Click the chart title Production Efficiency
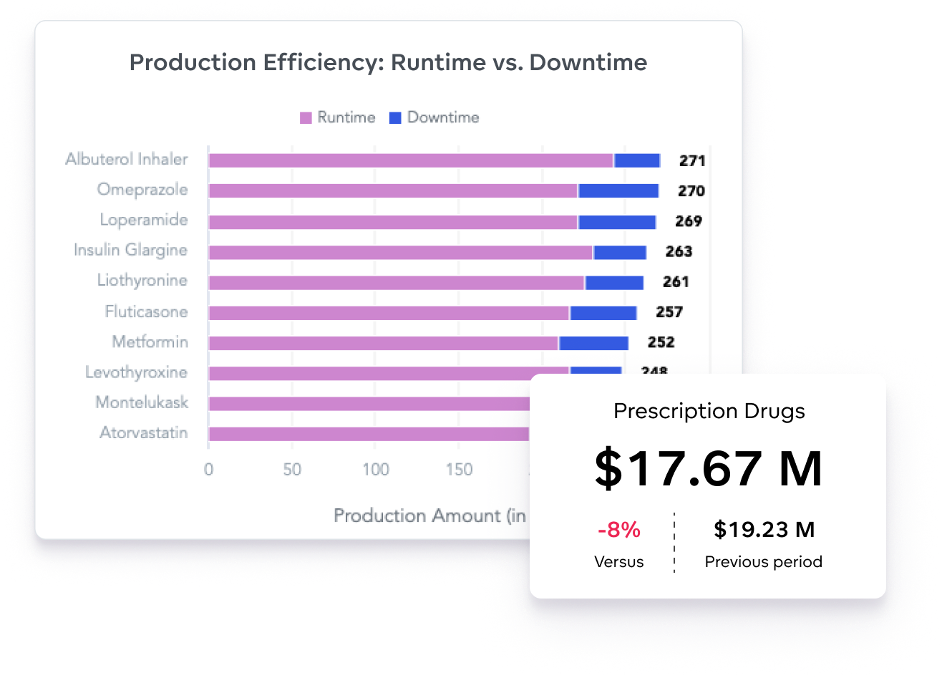point(388,63)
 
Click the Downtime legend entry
point(434,117)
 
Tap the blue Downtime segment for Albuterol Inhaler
point(637,160)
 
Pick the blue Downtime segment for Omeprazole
point(618,191)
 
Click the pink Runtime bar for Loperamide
point(392,222)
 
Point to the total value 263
point(679,251)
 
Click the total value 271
point(692,160)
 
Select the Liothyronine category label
point(142,281)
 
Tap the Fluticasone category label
point(146,311)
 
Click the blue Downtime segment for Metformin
point(593,343)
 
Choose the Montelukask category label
point(142,402)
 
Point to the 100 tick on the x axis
point(375,470)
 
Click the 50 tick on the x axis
point(292,470)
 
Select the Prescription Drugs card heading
point(709,411)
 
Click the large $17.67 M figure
point(708,468)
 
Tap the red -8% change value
point(618,531)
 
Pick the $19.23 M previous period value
point(764,530)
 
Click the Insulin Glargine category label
point(130,251)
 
